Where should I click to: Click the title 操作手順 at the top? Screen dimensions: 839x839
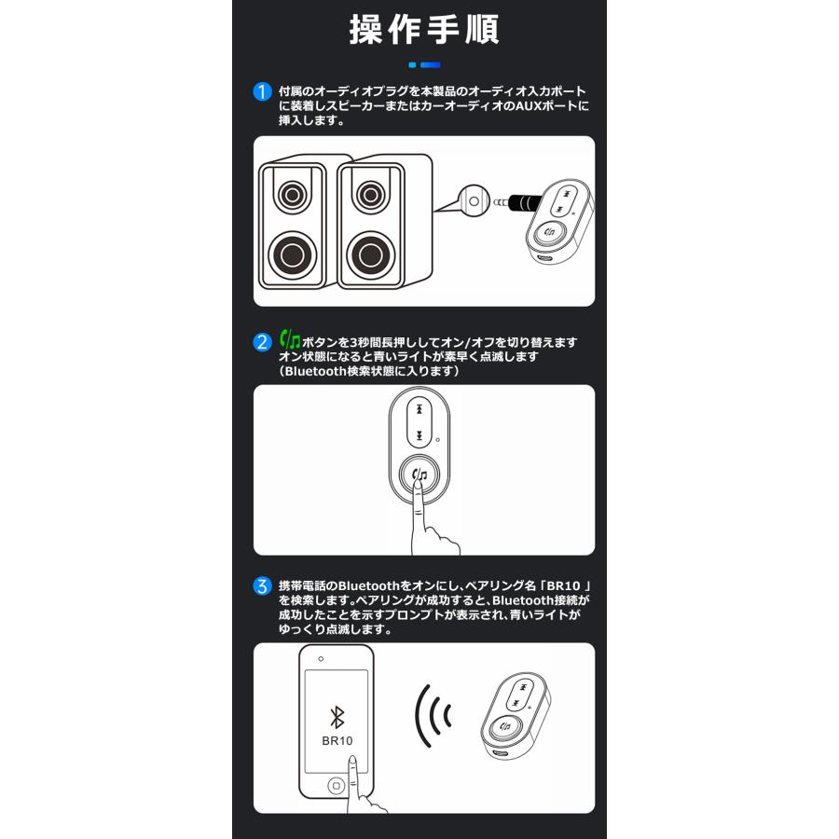pyautogui.click(x=424, y=30)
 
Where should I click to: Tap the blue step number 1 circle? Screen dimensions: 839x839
pyautogui.click(x=263, y=92)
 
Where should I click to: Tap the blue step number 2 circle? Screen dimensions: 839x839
pyautogui.click(x=263, y=341)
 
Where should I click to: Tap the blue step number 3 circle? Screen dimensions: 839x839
pyautogui.click(x=263, y=587)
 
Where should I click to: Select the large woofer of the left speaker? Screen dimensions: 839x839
pyautogui.click(x=293, y=252)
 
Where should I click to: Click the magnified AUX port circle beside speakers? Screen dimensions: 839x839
pyautogui.click(x=475, y=199)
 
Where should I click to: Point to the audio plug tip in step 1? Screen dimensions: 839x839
pyautogui.click(x=506, y=199)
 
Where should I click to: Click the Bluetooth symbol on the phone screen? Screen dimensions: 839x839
pyautogui.click(x=337, y=716)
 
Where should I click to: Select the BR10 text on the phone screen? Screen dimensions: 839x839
pyautogui.click(x=337, y=742)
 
